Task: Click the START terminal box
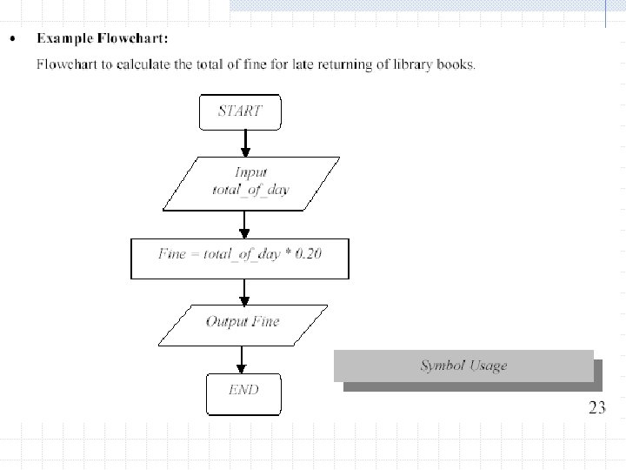(239, 111)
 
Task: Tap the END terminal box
(244, 393)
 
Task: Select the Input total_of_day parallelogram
(251, 184)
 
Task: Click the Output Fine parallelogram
(243, 322)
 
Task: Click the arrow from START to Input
(245, 142)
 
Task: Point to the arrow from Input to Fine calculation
(245, 224)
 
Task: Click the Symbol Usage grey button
(463, 366)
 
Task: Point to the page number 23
(596, 408)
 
